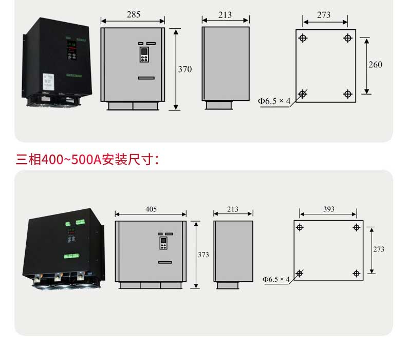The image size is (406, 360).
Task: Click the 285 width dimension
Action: (134, 14)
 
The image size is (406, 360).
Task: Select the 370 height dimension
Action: (185, 69)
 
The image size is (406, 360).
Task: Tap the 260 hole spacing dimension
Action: (375, 64)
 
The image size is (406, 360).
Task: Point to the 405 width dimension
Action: (151, 209)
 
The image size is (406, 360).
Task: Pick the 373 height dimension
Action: (204, 255)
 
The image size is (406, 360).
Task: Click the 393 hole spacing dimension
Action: (328, 209)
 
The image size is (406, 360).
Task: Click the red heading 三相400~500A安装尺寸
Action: (87, 159)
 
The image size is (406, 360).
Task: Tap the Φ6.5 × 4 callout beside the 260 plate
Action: (274, 101)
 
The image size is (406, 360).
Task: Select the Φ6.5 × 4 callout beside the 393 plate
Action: (276, 279)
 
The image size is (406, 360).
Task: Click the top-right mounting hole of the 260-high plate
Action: (347, 38)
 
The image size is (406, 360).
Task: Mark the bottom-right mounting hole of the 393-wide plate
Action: (357, 274)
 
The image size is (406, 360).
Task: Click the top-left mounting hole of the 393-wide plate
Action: (300, 227)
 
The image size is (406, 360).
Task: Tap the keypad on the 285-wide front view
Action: (144, 55)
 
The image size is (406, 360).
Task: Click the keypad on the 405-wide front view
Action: (163, 243)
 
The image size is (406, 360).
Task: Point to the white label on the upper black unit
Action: (48, 82)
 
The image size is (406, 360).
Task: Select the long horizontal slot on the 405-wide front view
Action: (165, 262)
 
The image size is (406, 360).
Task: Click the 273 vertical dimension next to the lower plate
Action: (379, 249)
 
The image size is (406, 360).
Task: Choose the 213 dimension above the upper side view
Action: (225, 15)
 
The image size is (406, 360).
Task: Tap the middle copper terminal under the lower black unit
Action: (58, 276)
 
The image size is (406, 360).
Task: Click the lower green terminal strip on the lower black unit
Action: (72, 256)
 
